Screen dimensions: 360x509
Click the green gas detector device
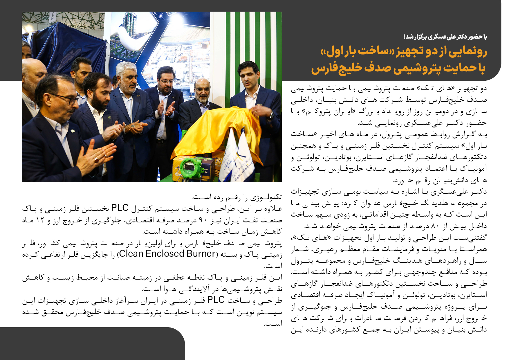tap(191, 167)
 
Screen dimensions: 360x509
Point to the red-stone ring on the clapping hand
tap(95, 159)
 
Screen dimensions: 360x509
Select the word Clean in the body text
tap(132, 254)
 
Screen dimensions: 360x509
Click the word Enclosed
tap(165, 254)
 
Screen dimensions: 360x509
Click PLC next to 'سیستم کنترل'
tap(120, 208)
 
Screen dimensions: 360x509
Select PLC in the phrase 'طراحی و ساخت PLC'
tap(216, 300)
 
